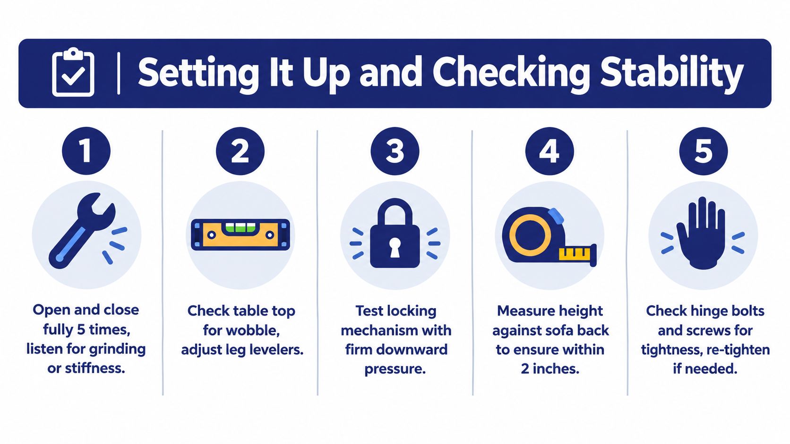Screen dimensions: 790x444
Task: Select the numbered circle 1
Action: click(x=86, y=151)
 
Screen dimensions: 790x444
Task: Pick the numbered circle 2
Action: click(x=240, y=151)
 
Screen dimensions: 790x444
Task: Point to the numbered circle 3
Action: click(x=395, y=151)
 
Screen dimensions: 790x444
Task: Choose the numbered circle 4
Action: click(x=550, y=151)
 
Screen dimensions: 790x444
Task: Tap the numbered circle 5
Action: click(x=704, y=151)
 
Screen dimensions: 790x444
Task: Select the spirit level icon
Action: click(x=240, y=235)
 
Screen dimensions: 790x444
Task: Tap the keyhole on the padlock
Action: click(x=395, y=246)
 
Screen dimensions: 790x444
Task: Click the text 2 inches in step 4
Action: click(x=550, y=369)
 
